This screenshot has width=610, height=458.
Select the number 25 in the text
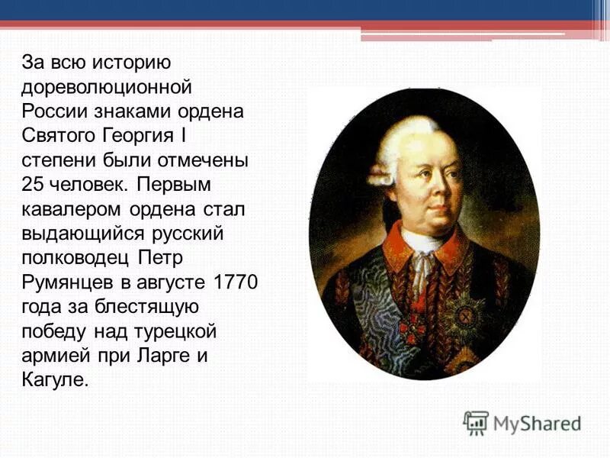[34, 184]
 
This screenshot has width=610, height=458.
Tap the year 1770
[236, 282]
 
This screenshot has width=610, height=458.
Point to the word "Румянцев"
[63, 282]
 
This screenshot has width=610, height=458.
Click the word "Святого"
[59, 134]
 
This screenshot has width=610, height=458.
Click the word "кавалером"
[65, 208]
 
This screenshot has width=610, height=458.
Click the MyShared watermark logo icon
[476, 422]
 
